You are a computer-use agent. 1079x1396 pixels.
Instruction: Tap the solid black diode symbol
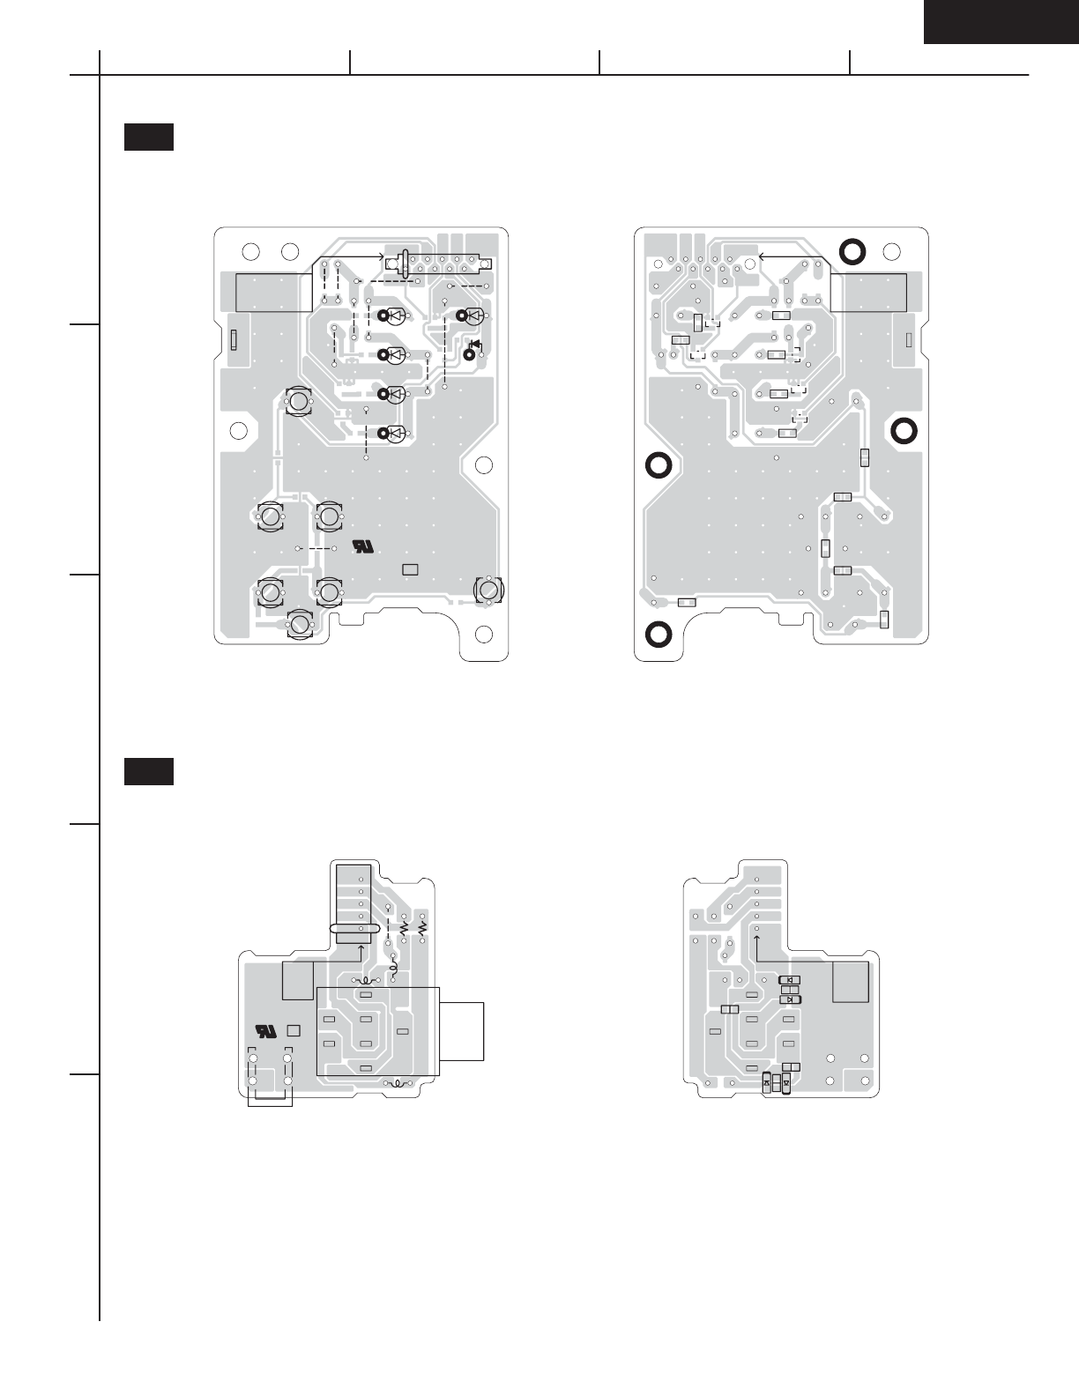[x=475, y=345]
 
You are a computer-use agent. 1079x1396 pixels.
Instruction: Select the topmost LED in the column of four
[x=396, y=316]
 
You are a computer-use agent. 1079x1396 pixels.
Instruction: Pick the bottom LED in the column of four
[x=396, y=433]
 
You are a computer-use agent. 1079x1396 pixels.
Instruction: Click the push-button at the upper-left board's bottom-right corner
[x=487, y=589]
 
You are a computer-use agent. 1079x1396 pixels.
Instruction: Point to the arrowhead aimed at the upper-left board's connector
[x=384, y=256]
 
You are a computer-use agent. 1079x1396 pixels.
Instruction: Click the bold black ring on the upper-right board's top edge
[x=852, y=251]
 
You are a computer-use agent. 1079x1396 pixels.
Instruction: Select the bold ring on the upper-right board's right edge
[x=904, y=431]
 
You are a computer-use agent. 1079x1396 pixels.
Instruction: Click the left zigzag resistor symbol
[x=404, y=928]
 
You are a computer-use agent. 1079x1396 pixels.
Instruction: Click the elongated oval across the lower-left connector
[x=354, y=929]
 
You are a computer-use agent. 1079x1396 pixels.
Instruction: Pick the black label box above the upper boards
[x=148, y=137]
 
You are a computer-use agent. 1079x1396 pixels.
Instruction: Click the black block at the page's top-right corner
[x=1001, y=21]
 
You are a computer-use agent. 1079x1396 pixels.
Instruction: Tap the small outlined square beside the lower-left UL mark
[x=294, y=1029]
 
